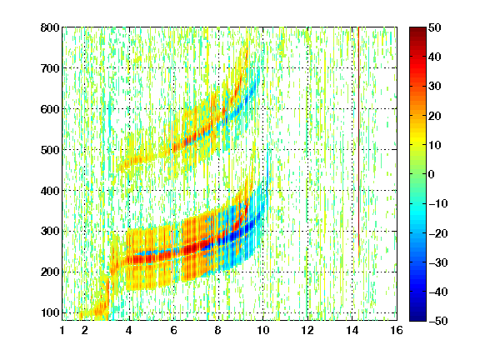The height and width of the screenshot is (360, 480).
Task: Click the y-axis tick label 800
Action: pos(50,27)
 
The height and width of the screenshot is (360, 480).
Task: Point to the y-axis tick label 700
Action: pos(50,68)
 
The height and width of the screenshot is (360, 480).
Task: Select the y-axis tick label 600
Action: pos(50,109)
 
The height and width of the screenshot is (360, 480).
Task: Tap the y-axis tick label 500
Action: pos(50,150)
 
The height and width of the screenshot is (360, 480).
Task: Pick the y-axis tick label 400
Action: pos(50,191)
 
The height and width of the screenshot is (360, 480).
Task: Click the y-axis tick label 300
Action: pos(50,232)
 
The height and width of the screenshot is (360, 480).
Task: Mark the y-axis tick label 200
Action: pos(50,272)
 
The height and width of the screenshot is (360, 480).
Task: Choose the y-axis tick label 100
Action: pos(50,312)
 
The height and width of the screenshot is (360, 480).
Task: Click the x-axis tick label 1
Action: pos(62,331)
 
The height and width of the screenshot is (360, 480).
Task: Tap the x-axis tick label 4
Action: pos(129,331)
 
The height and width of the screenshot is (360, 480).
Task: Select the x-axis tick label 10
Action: pos(262,331)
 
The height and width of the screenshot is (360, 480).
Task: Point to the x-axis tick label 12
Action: pos(307,331)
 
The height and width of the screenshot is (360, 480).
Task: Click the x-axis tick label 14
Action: pos(352,331)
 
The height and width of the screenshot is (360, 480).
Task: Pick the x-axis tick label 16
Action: pos(397,331)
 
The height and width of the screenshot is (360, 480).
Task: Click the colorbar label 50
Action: pos(434,27)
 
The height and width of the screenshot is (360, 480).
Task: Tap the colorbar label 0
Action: pos(432,174)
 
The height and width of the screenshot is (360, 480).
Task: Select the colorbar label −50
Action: pos(438,321)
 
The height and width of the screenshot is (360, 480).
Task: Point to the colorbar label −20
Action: pos(438,233)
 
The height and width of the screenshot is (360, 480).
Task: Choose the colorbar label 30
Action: pos(434,87)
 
